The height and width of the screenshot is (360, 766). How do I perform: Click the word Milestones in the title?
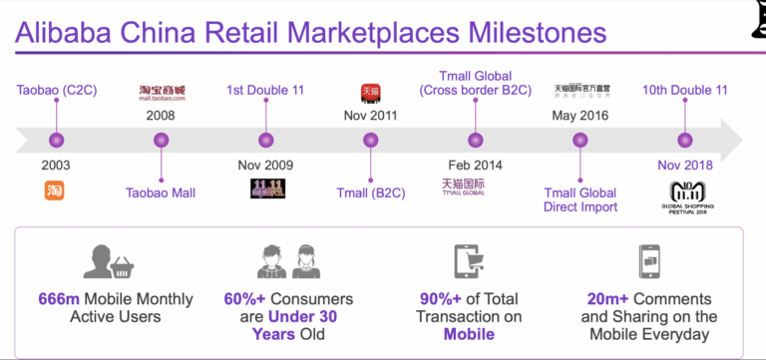tap(523, 32)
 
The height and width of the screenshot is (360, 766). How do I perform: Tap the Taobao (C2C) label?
tap(56, 91)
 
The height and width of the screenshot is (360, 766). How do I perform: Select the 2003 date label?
tap(56, 165)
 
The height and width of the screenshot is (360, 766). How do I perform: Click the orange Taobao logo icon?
tap(56, 189)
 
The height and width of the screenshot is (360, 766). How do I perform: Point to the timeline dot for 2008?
tap(162, 141)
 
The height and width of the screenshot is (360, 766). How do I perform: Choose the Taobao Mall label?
tap(162, 192)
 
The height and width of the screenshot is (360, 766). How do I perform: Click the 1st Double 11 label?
tap(265, 91)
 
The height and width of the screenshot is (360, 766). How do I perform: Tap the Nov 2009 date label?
tap(265, 165)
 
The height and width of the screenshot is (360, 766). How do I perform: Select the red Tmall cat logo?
tap(369, 93)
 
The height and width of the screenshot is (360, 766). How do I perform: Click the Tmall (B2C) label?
tap(369, 192)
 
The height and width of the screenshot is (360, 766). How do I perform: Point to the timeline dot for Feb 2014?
tap(475, 141)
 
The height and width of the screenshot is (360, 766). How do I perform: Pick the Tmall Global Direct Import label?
tap(580, 199)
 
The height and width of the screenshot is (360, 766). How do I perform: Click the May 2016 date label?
tap(580, 115)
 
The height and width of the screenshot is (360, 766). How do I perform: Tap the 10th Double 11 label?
tap(684, 91)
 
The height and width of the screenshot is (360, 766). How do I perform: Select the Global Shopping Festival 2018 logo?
tap(685, 195)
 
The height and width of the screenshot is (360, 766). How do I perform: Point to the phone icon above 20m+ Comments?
tap(647, 260)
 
